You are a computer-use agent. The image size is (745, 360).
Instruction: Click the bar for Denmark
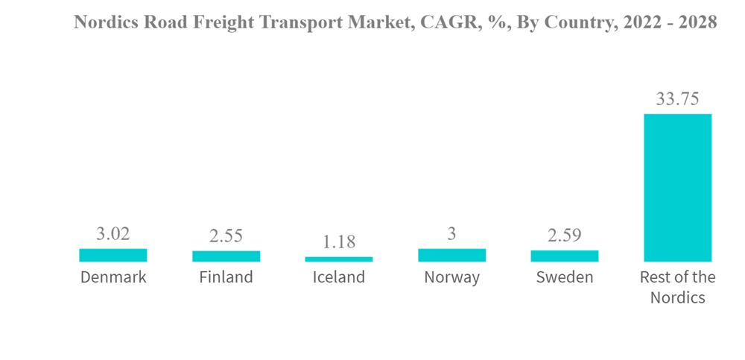click(113, 255)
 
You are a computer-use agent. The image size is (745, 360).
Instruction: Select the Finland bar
click(226, 256)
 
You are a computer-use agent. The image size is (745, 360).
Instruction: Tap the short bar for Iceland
click(339, 259)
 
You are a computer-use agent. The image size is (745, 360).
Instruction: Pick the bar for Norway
click(452, 255)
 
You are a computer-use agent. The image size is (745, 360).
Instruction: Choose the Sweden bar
click(565, 256)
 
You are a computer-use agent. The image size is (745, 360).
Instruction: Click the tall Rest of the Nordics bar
click(678, 187)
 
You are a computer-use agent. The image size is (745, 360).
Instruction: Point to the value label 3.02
click(113, 234)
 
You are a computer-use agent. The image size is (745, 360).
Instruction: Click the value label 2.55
click(226, 236)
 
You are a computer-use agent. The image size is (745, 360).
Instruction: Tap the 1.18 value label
click(339, 242)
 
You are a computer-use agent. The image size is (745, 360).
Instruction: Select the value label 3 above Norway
click(452, 234)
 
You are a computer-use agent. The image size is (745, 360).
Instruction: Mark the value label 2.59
click(565, 236)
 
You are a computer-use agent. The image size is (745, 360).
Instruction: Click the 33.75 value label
click(678, 99)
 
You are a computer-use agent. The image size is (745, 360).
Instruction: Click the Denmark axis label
click(113, 278)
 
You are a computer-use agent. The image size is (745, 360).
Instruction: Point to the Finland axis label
click(226, 278)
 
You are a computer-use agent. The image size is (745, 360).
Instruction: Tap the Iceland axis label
click(339, 278)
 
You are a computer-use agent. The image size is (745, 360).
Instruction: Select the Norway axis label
click(452, 278)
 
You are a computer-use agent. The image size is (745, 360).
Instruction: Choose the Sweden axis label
click(565, 278)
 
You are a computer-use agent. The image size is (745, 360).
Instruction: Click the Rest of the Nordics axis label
click(678, 287)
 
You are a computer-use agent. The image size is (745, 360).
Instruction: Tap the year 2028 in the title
click(696, 22)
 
